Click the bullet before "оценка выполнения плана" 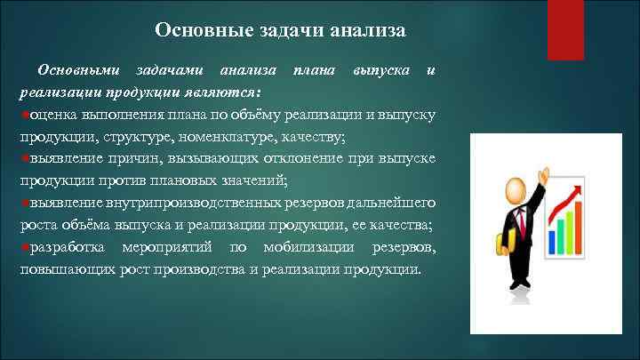[23, 115]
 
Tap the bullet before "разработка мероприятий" [23, 245]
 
